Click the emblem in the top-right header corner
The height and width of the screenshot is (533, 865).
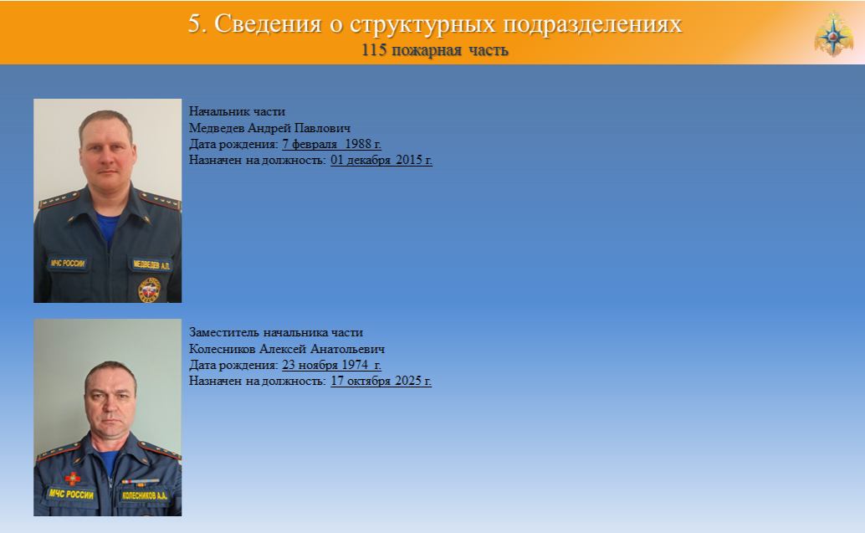click(x=833, y=33)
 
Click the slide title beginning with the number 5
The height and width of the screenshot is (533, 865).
click(x=435, y=23)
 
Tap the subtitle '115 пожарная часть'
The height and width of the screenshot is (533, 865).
click(x=435, y=49)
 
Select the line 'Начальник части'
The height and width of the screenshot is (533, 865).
click(x=237, y=111)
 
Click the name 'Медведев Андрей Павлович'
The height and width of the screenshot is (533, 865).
click(x=269, y=128)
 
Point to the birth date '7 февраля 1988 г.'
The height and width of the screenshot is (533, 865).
click(x=331, y=144)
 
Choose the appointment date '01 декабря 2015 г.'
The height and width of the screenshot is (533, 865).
click(x=381, y=160)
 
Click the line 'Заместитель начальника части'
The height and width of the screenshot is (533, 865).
click(x=276, y=333)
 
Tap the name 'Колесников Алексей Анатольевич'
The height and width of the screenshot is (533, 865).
click(x=287, y=349)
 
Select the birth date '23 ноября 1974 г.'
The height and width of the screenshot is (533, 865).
click(x=331, y=365)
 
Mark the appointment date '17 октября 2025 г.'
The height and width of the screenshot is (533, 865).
click(x=381, y=381)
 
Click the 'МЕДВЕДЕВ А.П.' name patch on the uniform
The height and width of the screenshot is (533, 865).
click(x=151, y=265)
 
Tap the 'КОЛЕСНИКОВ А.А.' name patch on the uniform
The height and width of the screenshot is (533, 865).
click(x=145, y=495)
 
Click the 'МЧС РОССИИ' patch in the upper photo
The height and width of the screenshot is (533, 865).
click(x=67, y=264)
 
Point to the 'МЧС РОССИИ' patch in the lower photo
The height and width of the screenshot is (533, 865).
click(x=70, y=494)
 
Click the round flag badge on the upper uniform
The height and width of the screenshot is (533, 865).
click(x=148, y=290)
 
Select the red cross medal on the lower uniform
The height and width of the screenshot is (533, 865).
click(x=72, y=478)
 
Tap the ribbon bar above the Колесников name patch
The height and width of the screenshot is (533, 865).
click(x=140, y=482)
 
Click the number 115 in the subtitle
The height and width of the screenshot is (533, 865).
click(x=373, y=49)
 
